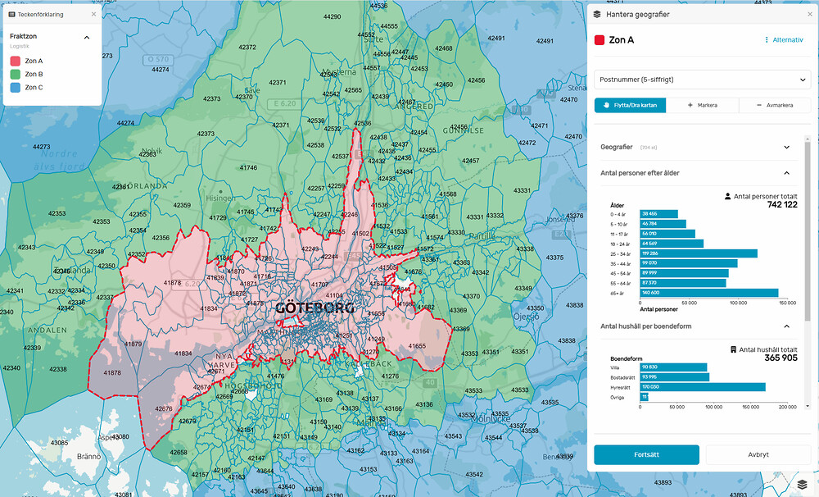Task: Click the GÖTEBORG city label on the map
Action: click(314, 309)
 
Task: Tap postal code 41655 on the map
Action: click(417, 347)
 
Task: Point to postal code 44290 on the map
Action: click(332, 16)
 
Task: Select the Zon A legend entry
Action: click(34, 61)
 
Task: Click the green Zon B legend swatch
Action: click(15, 74)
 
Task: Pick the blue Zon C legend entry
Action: click(34, 87)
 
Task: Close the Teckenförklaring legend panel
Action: click(93, 14)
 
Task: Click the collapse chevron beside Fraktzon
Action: click(87, 37)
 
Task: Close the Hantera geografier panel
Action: click(809, 14)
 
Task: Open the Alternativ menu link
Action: click(784, 39)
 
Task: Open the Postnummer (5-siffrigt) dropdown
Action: click(702, 80)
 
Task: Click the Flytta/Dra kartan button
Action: click(630, 105)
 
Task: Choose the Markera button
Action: click(702, 105)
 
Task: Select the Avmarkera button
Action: click(774, 105)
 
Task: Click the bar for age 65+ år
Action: click(708, 293)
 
